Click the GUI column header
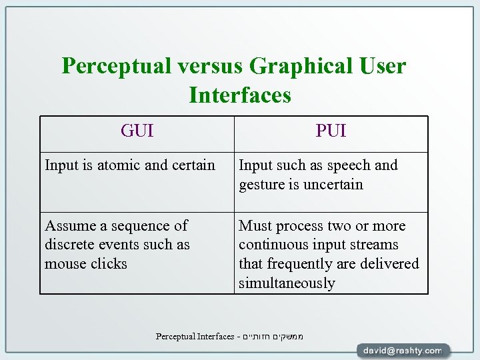[x=137, y=131]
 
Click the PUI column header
[x=331, y=131]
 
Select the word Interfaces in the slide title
[x=240, y=95]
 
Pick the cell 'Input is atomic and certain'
[x=130, y=165]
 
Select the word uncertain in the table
[x=333, y=185]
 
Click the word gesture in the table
[x=261, y=185]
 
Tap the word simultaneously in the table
[x=287, y=283]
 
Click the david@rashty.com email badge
[x=403, y=350]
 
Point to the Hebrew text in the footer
[x=273, y=336]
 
